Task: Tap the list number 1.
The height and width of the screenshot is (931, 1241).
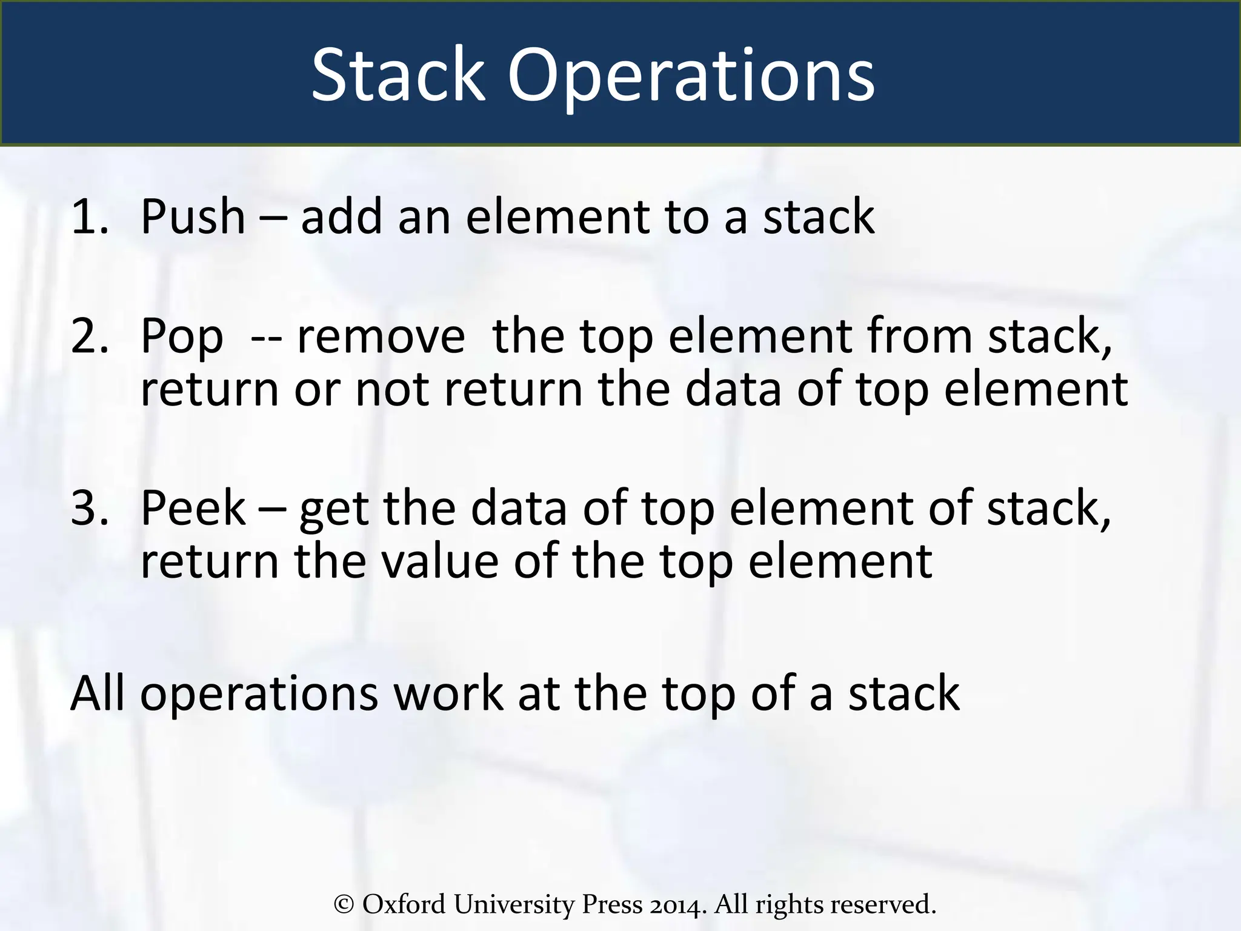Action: [x=89, y=216]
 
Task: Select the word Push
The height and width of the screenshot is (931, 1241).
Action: [x=193, y=216]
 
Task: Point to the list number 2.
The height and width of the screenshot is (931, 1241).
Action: [x=89, y=336]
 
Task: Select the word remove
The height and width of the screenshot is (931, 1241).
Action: [x=381, y=337]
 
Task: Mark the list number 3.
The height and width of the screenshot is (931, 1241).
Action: [x=89, y=508]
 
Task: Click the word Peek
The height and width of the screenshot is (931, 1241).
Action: [x=193, y=508]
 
